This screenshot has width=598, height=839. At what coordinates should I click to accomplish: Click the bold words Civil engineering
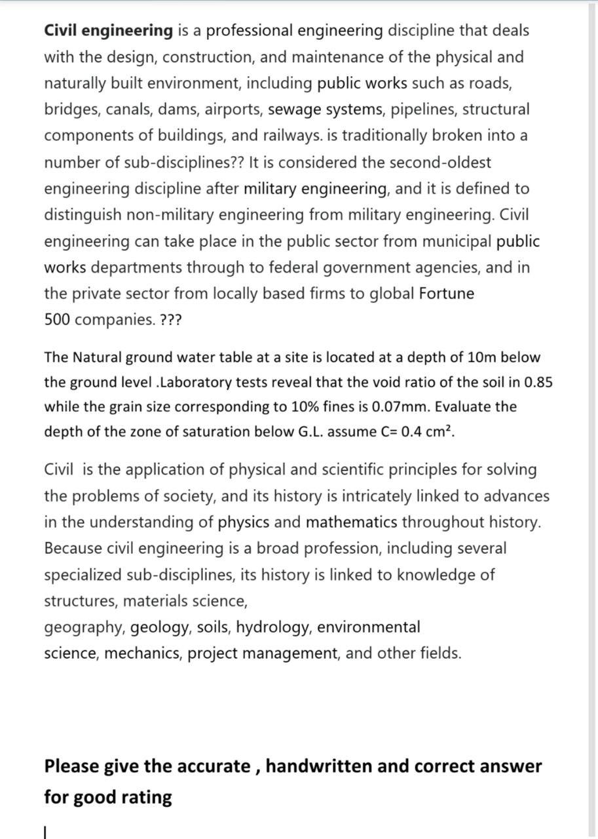coord(108,31)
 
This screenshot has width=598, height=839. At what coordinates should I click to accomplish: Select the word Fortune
coord(446,294)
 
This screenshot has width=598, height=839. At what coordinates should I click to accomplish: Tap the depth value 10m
coord(485,358)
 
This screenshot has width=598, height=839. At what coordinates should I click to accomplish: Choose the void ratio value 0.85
coord(539,382)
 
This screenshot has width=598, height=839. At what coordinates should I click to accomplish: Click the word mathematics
coord(351,522)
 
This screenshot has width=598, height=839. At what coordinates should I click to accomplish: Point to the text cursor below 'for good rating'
coord(45,832)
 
